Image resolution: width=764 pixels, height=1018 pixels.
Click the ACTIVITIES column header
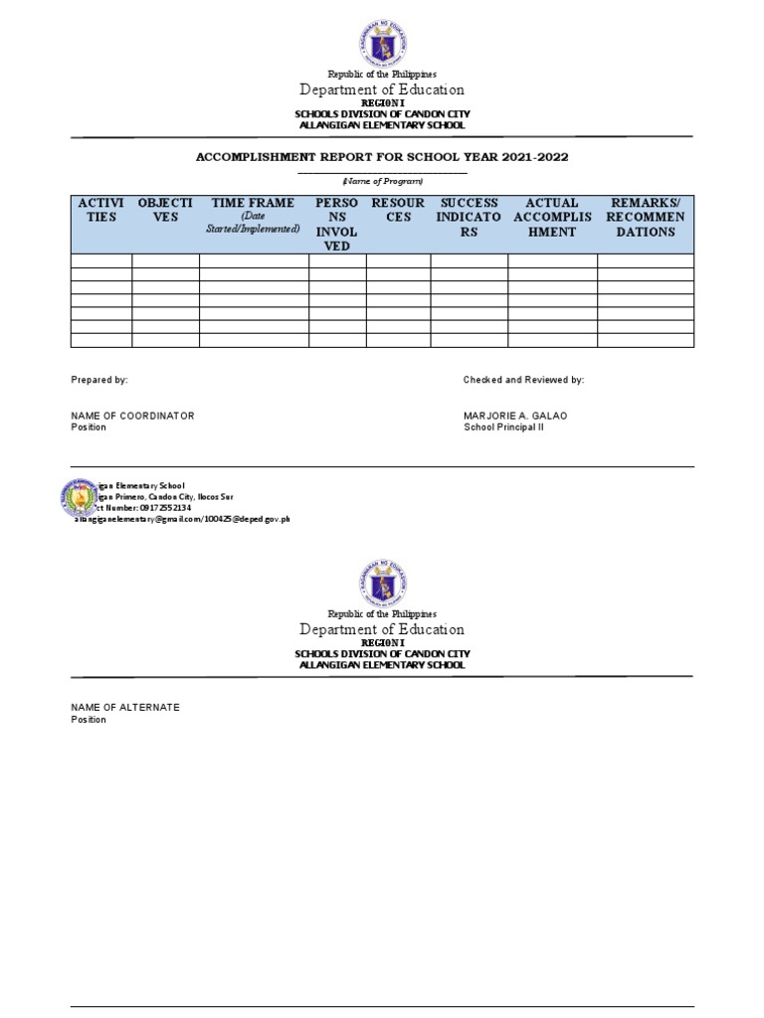(x=100, y=210)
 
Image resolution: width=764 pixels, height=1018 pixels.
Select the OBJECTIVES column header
(x=165, y=210)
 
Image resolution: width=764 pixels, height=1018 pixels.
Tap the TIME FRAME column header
(x=253, y=215)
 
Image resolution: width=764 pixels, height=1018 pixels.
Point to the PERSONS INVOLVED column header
(x=336, y=225)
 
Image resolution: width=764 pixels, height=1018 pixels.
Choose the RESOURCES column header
(x=398, y=210)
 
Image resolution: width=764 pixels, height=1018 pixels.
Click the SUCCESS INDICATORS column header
(x=469, y=218)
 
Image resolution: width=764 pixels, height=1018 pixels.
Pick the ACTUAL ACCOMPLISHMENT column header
(x=552, y=218)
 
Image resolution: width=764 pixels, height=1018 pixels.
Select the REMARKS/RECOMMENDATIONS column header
(x=645, y=218)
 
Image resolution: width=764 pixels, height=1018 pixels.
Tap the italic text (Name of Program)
(x=382, y=180)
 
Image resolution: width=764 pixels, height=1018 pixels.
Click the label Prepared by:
(x=99, y=381)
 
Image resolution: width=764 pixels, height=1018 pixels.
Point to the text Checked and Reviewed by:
(x=523, y=381)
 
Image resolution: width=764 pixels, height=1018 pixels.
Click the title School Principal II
(x=503, y=427)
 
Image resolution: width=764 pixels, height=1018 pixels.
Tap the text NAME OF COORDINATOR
(x=132, y=416)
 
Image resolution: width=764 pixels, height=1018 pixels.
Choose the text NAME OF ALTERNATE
(x=125, y=707)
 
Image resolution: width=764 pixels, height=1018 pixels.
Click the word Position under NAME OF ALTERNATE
(x=89, y=720)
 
